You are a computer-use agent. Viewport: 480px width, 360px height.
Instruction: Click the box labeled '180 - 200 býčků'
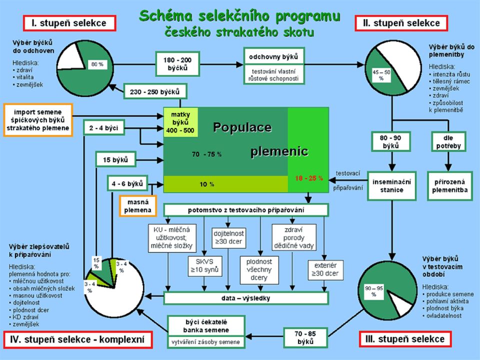pyautogui.click(x=177, y=64)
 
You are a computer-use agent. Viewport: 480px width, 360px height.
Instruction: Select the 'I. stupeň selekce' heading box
pyautogui.click(x=69, y=23)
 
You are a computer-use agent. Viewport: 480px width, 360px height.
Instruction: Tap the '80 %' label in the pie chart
pyautogui.click(x=97, y=64)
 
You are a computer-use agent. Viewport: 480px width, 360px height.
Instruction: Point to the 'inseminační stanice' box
pyautogui.click(x=391, y=186)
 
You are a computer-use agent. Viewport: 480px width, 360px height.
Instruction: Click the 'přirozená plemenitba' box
pyautogui.click(x=449, y=186)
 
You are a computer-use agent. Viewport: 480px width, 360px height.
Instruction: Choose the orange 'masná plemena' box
pyautogui.click(x=138, y=206)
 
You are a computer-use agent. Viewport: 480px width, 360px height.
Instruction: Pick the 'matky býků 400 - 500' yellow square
pyautogui.click(x=180, y=122)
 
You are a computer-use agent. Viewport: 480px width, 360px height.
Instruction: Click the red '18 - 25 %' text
pyautogui.click(x=309, y=178)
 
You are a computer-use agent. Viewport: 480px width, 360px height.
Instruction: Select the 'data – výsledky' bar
pyautogui.click(x=246, y=298)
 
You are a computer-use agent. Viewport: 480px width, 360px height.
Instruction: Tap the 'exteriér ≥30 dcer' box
pyautogui.click(x=325, y=269)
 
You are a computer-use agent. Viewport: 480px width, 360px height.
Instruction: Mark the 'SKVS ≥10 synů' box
pyautogui.click(x=205, y=266)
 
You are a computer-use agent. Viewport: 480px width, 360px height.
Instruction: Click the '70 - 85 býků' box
pyautogui.click(x=305, y=337)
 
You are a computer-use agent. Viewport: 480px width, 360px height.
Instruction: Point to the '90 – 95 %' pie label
pyautogui.click(x=374, y=291)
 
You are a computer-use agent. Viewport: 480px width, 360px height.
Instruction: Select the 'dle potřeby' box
pyautogui.click(x=448, y=141)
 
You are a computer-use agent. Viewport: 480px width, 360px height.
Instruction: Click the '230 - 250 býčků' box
pyautogui.click(x=155, y=91)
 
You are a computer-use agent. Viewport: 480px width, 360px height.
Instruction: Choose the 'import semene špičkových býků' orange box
pyautogui.click(x=38, y=120)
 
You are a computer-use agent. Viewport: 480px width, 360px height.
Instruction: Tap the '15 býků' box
pyautogui.click(x=115, y=159)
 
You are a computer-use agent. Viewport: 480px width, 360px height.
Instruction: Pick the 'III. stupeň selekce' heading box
pyautogui.click(x=405, y=339)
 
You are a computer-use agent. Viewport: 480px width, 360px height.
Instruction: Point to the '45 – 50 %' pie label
pyautogui.click(x=381, y=75)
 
